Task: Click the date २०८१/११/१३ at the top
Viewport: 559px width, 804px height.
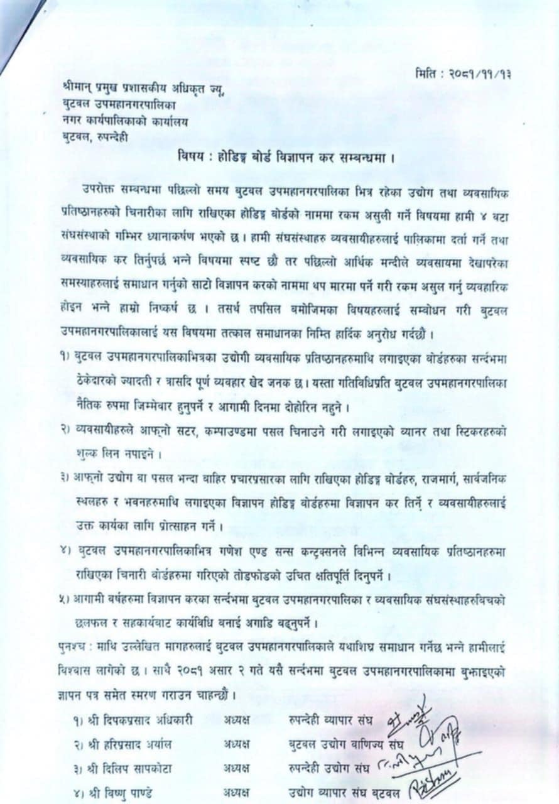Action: coord(486,73)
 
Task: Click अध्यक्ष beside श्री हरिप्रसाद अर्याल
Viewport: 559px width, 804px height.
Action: coord(236,744)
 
